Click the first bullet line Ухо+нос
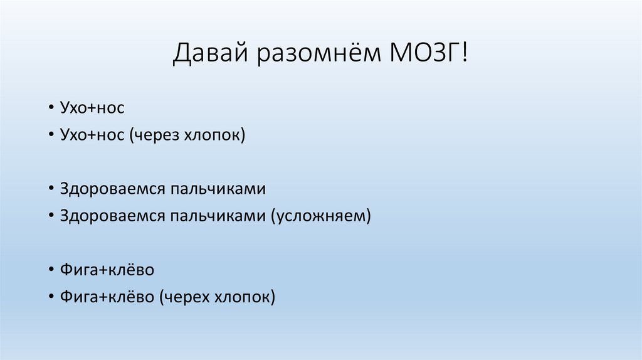pyautogui.click(x=92, y=108)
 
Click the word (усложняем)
pyautogui.click(x=322, y=216)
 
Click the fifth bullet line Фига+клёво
pyautogui.click(x=107, y=270)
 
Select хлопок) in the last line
pyautogui.click(x=245, y=297)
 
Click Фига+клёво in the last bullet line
pyautogui.click(x=107, y=297)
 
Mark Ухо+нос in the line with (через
pyautogui.click(x=92, y=135)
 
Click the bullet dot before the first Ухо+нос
pyautogui.click(x=50, y=109)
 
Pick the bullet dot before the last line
pyautogui.click(x=50, y=298)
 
